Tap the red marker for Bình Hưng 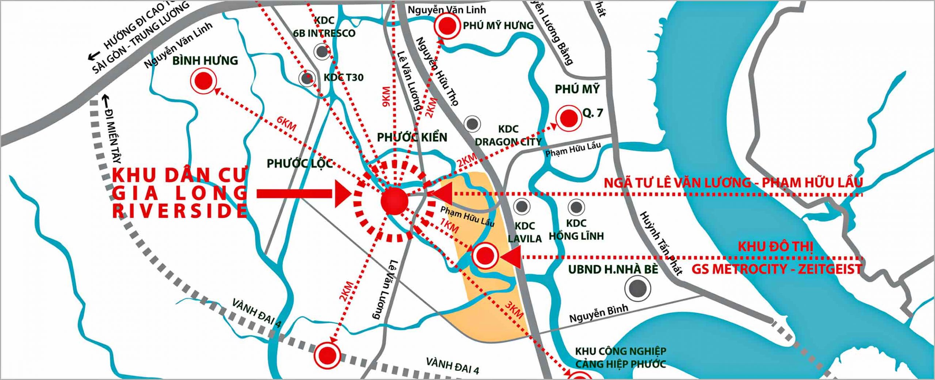point(203,81)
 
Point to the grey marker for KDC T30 point(307,78)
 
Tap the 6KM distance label point(286,124)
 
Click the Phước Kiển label point(412,137)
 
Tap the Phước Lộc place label point(299,163)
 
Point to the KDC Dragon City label point(508,136)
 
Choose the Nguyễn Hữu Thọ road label point(437,71)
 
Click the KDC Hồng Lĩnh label point(576,229)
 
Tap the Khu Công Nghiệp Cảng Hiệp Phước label point(621,358)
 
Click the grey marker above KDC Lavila point(521,206)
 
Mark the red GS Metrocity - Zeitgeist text point(776,269)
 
